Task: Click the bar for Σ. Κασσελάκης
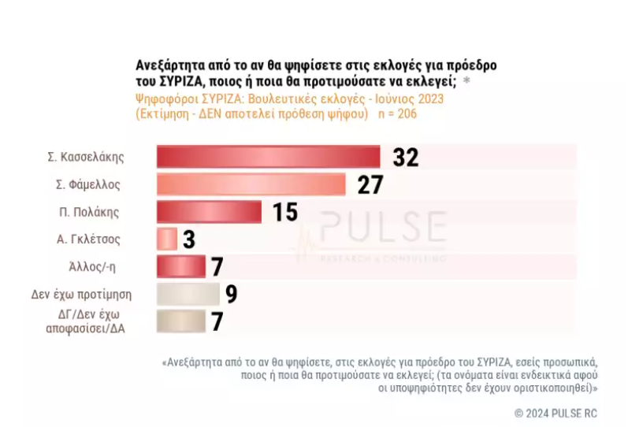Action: tap(268, 157)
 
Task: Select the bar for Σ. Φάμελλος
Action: tap(251, 184)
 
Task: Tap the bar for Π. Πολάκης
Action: tap(209, 212)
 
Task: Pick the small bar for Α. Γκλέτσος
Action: tap(166, 239)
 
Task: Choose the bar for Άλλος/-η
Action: tap(180, 266)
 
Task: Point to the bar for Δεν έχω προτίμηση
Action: tap(188, 294)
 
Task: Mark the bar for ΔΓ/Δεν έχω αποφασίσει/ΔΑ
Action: tap(180, 321)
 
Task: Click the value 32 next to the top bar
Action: tap(405, 158)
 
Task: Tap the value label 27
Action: tap(370, 185)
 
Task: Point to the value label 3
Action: tap(189, 239)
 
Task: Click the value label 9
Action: tap(232, 295)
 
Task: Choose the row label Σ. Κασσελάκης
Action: tap(87, 157)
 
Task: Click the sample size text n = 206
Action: tap(396, 113)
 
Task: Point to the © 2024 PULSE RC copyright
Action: tap(555, 413)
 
